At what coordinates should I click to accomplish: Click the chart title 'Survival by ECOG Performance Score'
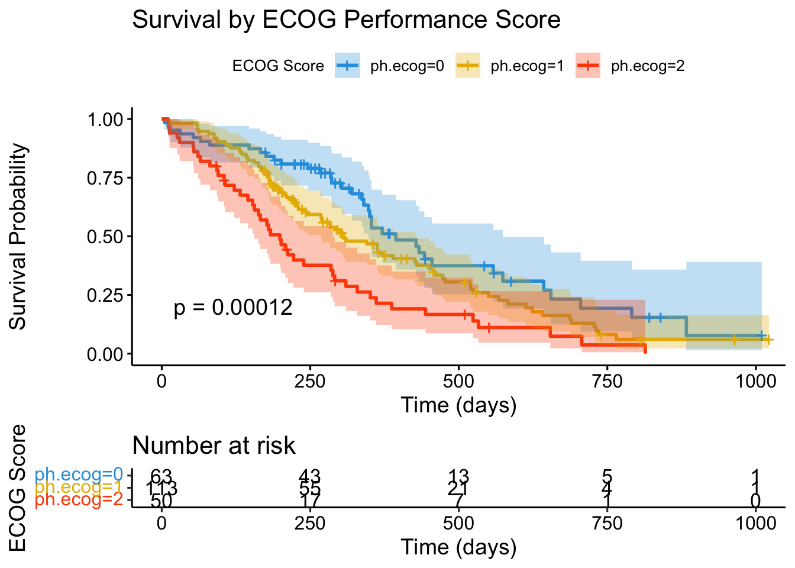(x=346, y=20)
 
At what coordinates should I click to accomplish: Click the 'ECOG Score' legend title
(x=278, y=66)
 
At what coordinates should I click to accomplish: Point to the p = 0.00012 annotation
(x=233, y=307)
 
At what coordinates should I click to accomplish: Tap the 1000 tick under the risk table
(x=755, y=523)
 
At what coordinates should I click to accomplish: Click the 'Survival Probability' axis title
(x=18, y=237)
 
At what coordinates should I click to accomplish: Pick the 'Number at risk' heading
(x=214, y=446)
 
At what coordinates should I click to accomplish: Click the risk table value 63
(x=161, y=476)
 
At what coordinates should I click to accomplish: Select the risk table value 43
(x=309, y=476)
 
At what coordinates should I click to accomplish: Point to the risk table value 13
(x=458, y=476)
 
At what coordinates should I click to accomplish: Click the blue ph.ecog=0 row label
(x=79, y=475)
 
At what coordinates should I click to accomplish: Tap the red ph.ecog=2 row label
(x=79, y=501)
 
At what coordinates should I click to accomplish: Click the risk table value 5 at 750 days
(x=607, y=476)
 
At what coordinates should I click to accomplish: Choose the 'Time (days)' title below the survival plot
(x=458, y=405)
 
